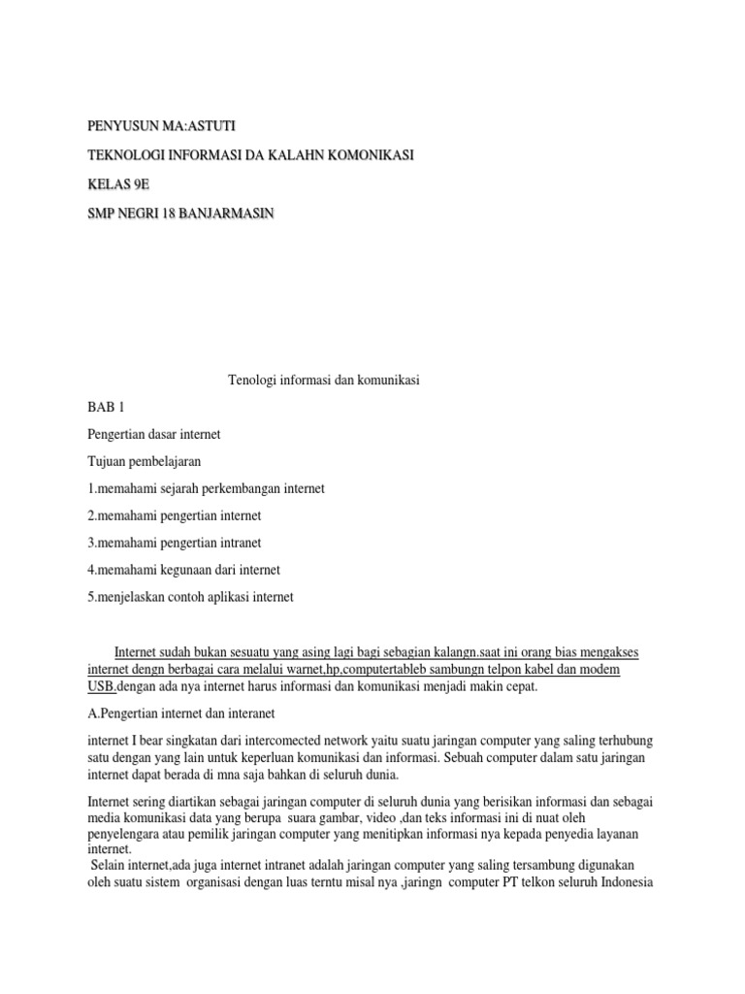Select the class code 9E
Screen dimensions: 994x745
coord(143,184)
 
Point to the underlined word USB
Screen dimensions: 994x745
coord(101,687)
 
